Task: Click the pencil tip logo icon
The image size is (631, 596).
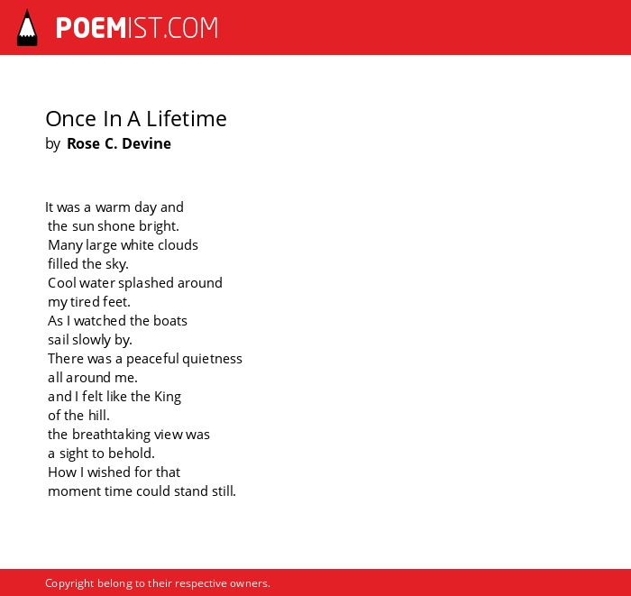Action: [x=27, y=28]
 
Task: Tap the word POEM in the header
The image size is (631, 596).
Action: [x=91, y=28]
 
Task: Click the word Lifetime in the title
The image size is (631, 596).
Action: [x=187, y=119]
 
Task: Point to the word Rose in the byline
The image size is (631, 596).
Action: [x=83, y=143]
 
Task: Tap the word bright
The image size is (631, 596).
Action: [x=159, y=226]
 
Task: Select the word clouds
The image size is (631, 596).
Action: [x=178, y=245]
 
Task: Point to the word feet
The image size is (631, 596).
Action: [x=116, y=302]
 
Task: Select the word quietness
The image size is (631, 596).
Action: [x=212, y=359]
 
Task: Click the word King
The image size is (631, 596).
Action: [x=168, y=398]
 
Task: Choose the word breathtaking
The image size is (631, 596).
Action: [x=105, y=435]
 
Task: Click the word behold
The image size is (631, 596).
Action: [x=132, y=454]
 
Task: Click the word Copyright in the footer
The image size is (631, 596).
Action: [x=69, y=583]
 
